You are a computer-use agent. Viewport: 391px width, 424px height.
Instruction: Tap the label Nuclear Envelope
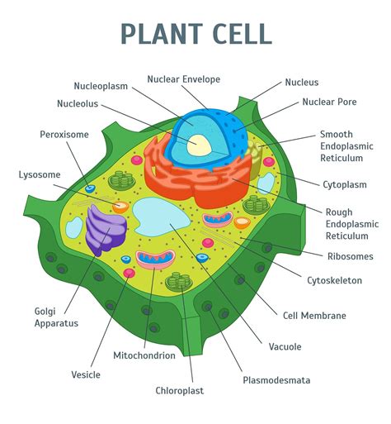[x=183, y=79]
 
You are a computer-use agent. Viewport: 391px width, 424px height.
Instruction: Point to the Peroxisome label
[x=64, y=134]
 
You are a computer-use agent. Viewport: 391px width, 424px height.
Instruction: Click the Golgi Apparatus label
[x=56, y=317]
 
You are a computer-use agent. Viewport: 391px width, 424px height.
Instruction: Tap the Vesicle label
[x=86, y=374]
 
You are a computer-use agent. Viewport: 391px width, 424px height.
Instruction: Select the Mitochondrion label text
[x=144, y=355]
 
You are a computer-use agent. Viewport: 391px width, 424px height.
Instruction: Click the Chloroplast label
[x=179, y=390]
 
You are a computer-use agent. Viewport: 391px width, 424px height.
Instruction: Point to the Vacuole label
[x=285, y=346]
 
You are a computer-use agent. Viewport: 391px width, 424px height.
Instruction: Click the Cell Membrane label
[x=314, y=315]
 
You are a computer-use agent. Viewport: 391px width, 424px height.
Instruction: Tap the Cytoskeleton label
[x=334, y=280]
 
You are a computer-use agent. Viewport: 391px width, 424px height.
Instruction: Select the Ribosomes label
[x=350, y=256]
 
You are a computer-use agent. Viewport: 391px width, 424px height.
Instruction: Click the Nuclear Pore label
[x=329, y=102]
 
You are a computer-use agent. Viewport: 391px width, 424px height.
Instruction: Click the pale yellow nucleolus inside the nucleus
[x=200, y=145]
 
